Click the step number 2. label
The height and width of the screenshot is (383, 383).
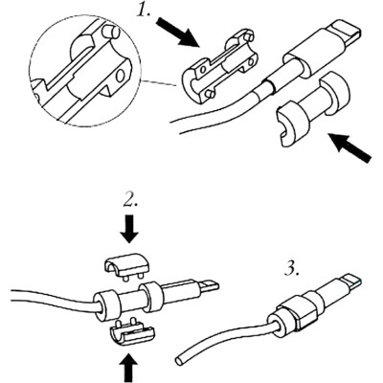point(131,201)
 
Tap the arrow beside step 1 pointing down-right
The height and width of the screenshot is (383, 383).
point(179,35)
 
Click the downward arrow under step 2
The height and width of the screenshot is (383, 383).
point(131,231)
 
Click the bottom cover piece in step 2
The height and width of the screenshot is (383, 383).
point(130,331)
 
